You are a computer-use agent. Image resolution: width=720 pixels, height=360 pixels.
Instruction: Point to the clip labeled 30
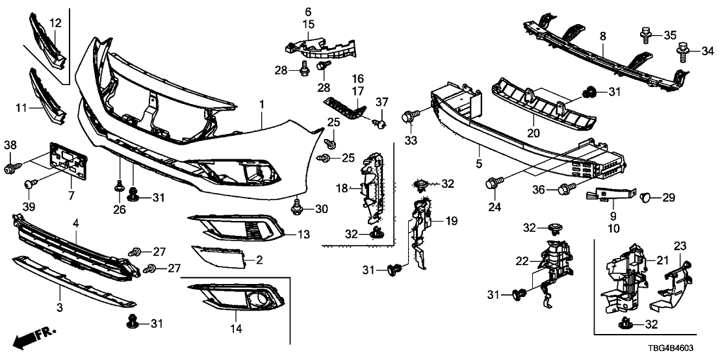(x=297, y=207)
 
